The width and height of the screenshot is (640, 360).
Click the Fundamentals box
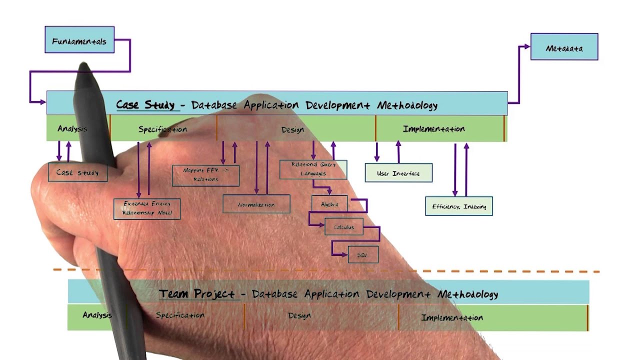79,40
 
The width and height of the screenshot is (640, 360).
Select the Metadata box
564,47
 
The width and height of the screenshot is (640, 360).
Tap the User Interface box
398,173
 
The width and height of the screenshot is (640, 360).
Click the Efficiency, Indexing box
459,206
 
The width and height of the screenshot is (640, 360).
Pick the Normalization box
256,204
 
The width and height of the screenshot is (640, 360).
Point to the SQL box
363,254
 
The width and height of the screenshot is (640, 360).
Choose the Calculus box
344,227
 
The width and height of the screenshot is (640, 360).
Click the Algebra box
329,204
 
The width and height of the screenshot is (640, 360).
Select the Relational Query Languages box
313,169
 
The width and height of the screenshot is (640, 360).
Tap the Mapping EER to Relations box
205,175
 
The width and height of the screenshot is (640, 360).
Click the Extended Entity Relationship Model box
147,208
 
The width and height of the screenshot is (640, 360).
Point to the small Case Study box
77,172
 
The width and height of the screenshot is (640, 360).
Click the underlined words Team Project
196,293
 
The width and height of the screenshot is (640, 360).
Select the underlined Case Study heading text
145,105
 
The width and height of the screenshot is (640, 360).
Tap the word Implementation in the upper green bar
433,129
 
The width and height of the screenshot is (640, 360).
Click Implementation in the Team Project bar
452,317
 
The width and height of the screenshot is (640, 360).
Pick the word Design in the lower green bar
299,315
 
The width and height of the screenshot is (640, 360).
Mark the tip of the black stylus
83,65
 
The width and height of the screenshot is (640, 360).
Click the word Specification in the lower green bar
180,315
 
